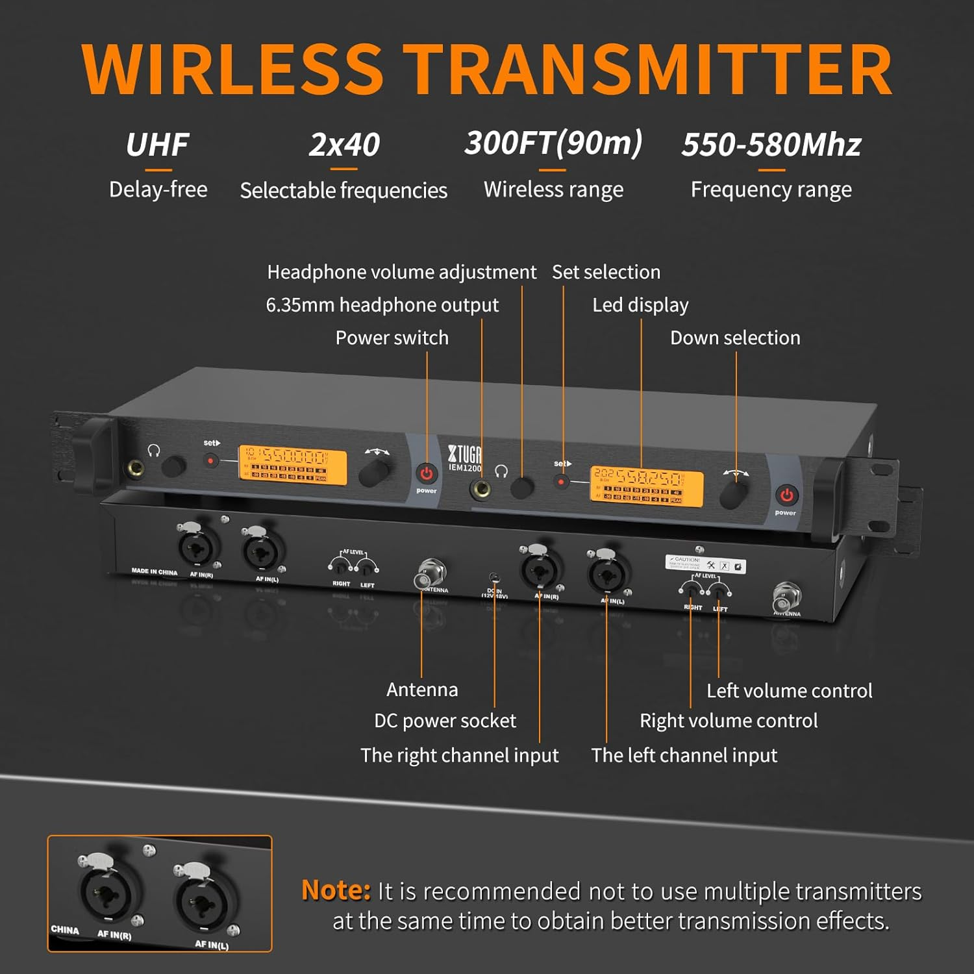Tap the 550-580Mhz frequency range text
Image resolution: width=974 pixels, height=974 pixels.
[771, 144]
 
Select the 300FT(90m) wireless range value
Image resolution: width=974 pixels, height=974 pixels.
[553, 143]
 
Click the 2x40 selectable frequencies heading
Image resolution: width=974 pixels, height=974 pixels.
[343, 144]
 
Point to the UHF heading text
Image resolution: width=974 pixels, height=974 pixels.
[157, 144]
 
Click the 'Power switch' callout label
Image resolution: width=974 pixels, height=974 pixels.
[392, 338]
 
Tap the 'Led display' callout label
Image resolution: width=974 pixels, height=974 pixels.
[640, 305]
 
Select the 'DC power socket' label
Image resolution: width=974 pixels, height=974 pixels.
[445, 721]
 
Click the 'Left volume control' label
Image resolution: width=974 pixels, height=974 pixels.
[789, 691]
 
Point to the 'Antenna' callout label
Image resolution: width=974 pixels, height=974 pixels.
[422, 690]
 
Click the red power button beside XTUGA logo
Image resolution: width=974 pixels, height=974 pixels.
[426, 473]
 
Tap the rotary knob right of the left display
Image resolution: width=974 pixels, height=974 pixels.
[373, 472]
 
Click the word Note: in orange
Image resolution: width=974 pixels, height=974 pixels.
[336, 890]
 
